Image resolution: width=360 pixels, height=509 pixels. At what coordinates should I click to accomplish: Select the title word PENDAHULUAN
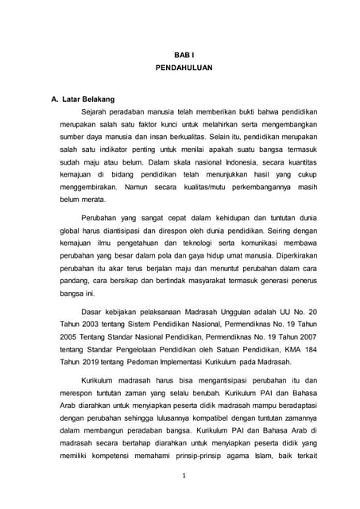pyautogui.click(x=184, y=69)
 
